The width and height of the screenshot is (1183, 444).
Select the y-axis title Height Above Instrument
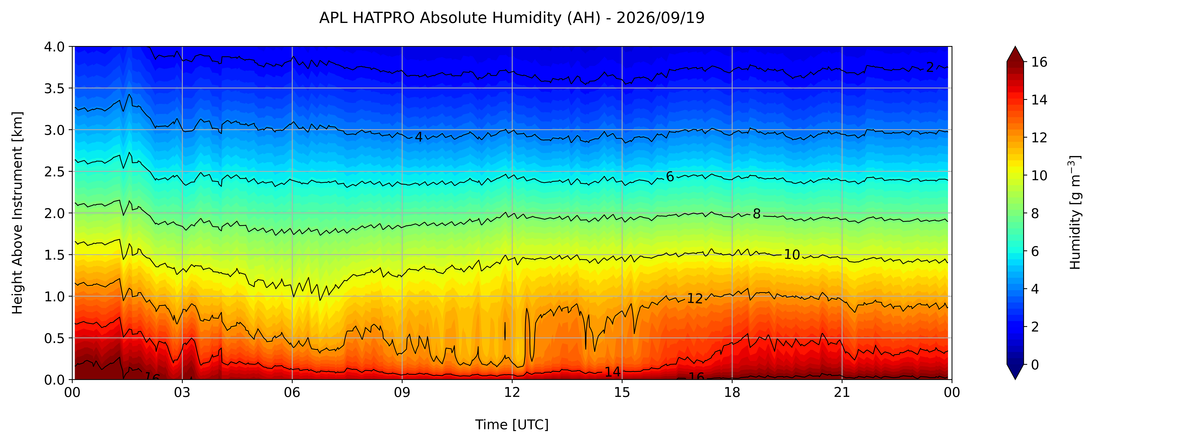tap(17, 213)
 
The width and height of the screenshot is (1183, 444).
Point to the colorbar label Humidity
tap(1075, 212)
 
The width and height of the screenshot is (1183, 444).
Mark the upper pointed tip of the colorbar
tap(1015, 46)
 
